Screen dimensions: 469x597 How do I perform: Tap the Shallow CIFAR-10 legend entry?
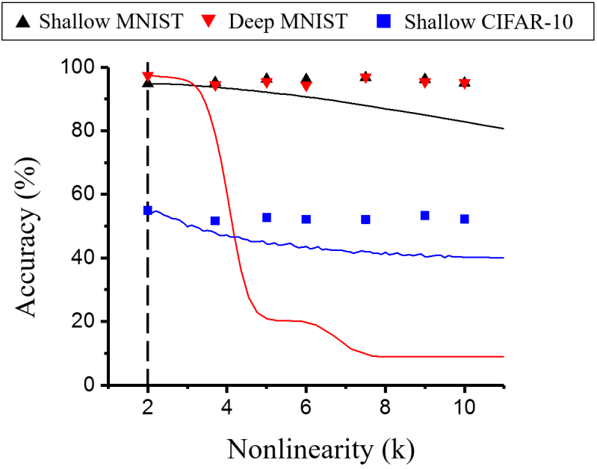click(478, 20)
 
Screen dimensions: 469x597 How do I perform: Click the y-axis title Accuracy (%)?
click(28, 226)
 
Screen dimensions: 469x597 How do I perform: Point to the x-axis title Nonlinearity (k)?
click(321, 449)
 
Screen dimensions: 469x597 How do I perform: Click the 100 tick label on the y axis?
click(78, 68)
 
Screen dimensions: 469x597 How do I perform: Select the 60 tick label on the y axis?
click(84, 195)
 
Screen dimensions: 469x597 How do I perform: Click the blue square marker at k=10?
click(465, 219)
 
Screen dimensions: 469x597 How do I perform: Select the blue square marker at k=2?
click(148, 211)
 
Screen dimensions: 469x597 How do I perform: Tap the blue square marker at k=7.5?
click(365, 220)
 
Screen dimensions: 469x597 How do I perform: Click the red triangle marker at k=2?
click(148, 76)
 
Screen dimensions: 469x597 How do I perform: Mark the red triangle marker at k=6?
click(306, 87)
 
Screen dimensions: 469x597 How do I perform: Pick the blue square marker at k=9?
click(425, 215)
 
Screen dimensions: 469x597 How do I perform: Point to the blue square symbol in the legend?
click(389, 21)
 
